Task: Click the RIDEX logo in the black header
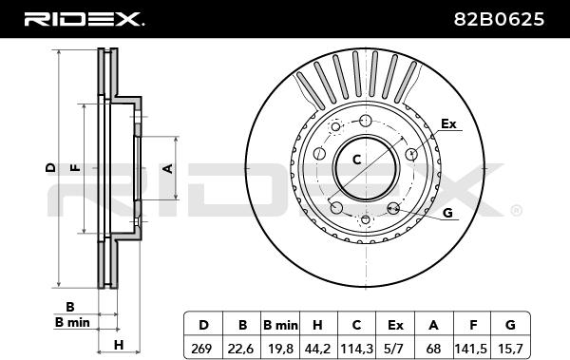pos(84,19)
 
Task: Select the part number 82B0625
pos(499,19)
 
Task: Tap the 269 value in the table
pos(201,350)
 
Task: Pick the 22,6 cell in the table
pos(240,350)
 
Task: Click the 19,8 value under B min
pos(280,350)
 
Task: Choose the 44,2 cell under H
pos(317,350)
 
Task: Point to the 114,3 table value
pos(356,350)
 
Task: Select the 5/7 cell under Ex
pos(395,350)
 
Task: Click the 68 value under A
pos(433,350)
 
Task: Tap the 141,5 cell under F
pos(471,350)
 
